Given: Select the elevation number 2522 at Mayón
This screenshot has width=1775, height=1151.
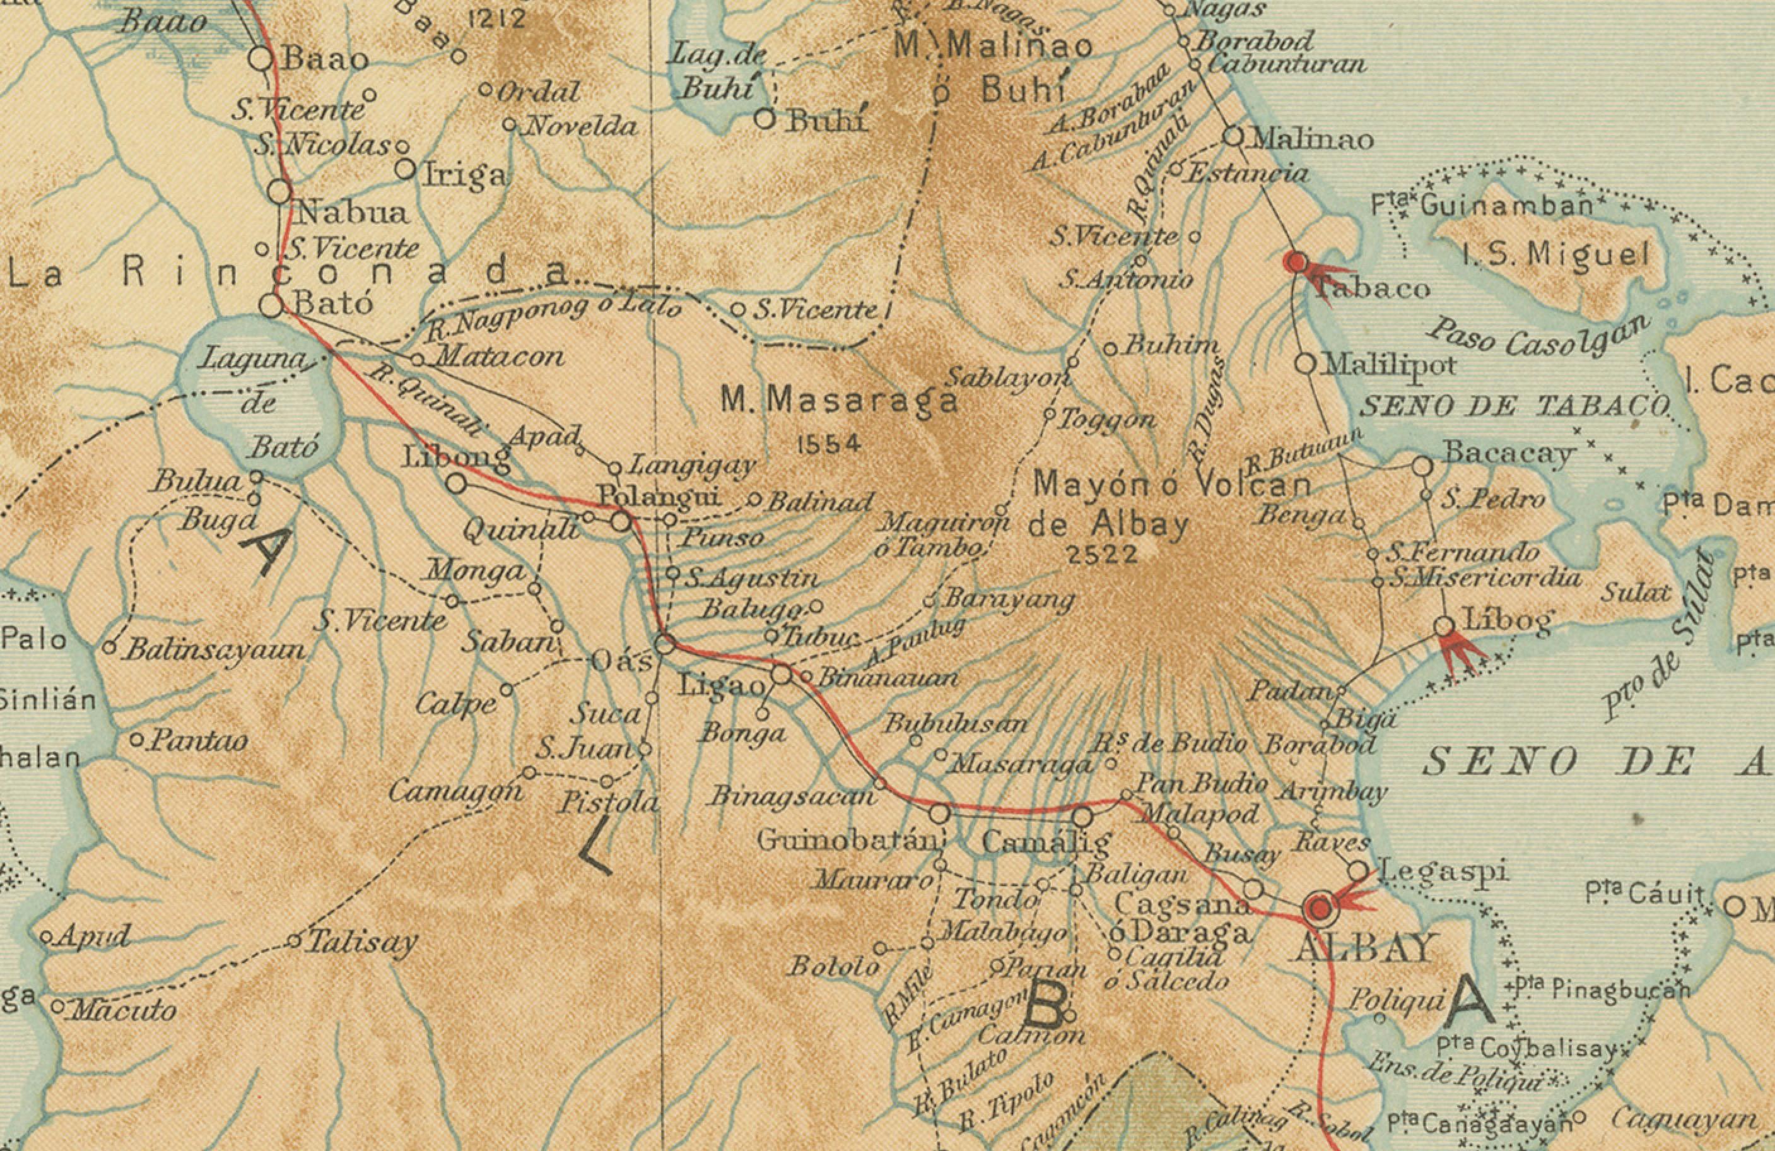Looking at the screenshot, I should tap(1103, 554).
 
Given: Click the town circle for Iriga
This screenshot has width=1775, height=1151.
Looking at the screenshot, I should tap(405, 169).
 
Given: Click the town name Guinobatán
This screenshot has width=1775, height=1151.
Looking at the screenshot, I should tap(846, 841).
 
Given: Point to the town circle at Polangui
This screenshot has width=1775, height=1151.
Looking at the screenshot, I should tap(622, 521).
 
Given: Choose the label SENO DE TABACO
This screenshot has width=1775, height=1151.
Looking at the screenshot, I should tap(1514, 406).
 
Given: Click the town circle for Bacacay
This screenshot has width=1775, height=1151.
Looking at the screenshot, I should tap(1422, 466).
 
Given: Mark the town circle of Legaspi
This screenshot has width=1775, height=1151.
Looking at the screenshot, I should tap(1358, 871).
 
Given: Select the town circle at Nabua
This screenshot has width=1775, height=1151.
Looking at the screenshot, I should tap(279, 192).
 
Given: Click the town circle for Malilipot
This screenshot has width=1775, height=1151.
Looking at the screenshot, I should tap(1305, 364).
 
